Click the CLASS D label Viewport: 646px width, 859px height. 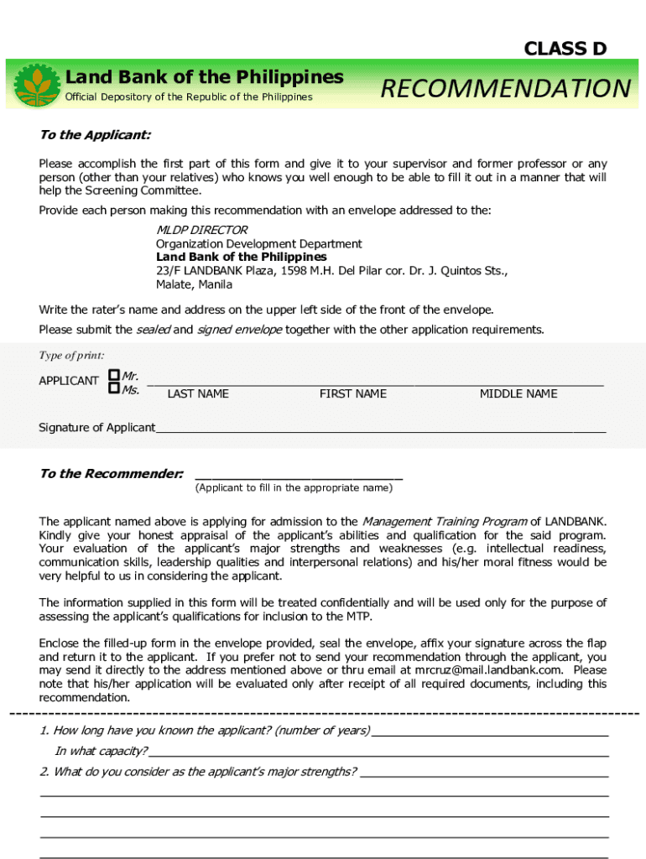pos(565,49)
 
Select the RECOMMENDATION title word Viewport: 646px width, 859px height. pos(505,88)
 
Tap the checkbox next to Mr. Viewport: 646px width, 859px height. pos(113,377)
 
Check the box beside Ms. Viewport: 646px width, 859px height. pos(113,388)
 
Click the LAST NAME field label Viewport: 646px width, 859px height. pos(198,394)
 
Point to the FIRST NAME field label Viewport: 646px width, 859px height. pos(352,394)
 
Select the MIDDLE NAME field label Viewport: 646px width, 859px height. pos(518,394)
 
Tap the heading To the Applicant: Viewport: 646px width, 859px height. pos(95,135)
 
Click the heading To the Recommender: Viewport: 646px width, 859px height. pos(112,474)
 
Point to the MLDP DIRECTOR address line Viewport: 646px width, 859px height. pos(201,230)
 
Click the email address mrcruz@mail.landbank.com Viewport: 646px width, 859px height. pos(491,670)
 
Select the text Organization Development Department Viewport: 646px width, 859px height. pos(258,243)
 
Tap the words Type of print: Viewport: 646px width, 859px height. pos(71,356)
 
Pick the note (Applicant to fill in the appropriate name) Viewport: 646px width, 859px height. pos(293,487)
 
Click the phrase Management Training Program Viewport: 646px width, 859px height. pos(444,522)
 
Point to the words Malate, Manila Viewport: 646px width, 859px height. pos(194,284)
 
